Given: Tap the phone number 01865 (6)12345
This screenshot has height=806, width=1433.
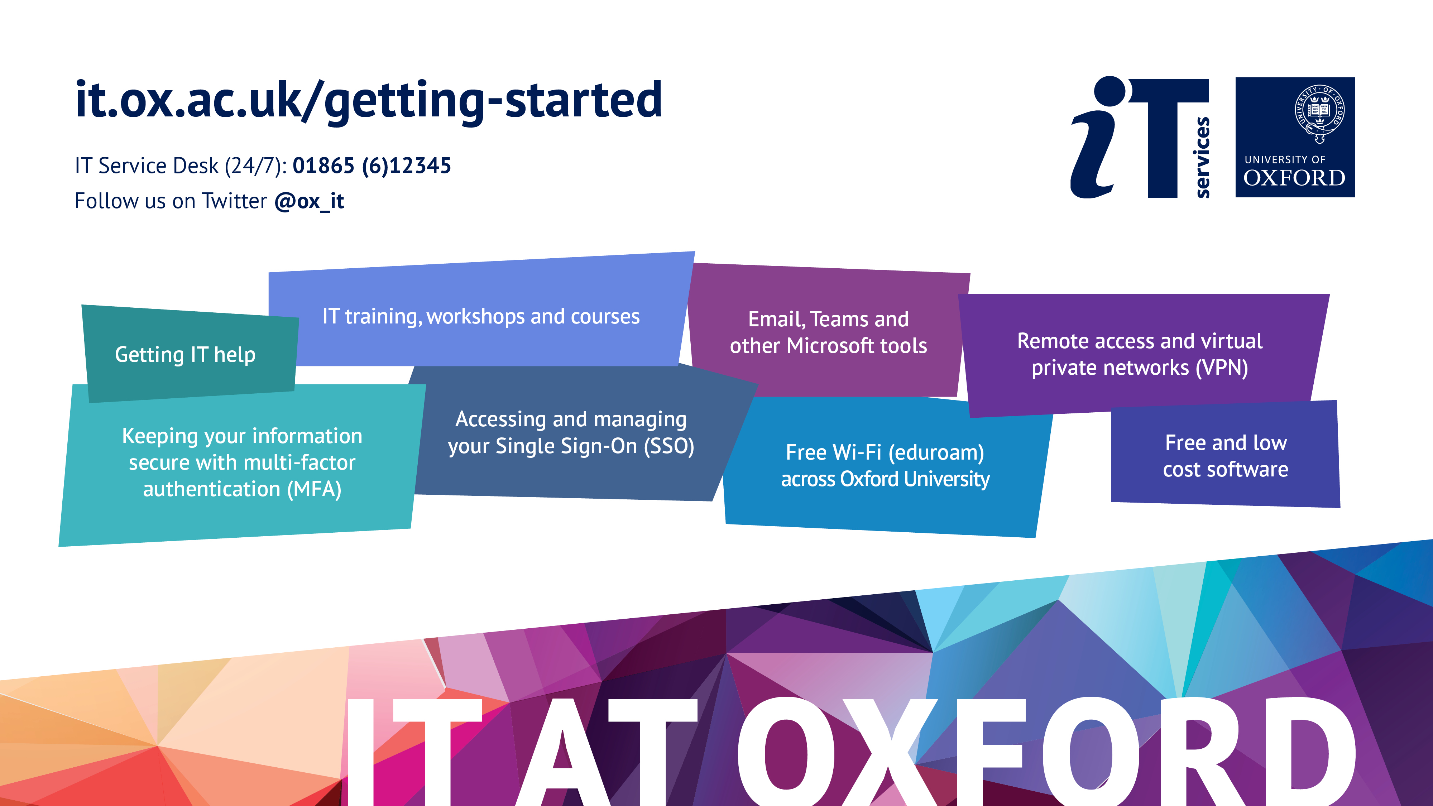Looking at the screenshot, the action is pos(372,166).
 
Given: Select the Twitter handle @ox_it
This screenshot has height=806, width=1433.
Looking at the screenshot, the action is pos(309,201).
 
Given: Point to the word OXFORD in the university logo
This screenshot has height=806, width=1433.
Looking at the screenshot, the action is pos(1294,178).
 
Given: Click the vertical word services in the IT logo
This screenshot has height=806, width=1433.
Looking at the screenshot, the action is pos(1203,157).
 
